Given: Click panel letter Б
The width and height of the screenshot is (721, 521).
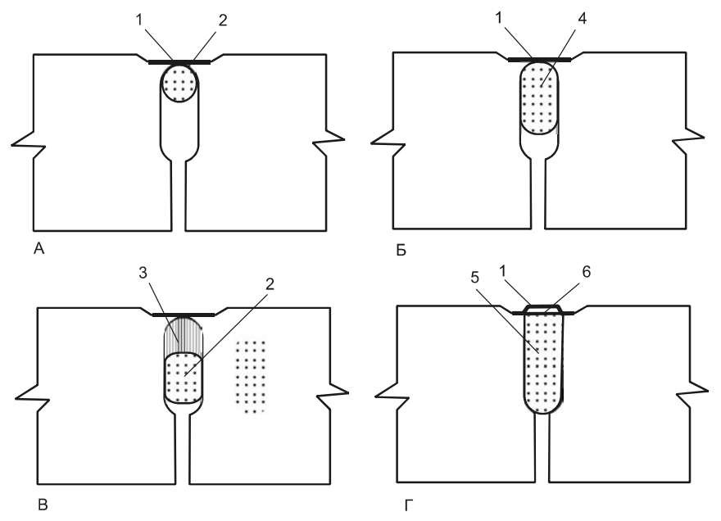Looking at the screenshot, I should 401,248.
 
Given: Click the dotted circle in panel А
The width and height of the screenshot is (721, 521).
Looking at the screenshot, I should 179,83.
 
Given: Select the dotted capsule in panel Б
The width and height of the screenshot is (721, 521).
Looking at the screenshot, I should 541,99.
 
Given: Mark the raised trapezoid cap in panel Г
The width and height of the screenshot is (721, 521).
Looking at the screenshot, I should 542,309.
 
